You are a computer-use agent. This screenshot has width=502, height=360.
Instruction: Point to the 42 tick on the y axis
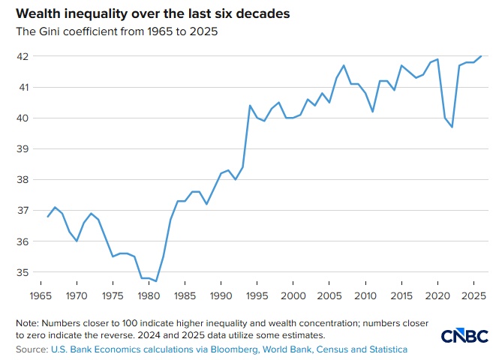point(23,56)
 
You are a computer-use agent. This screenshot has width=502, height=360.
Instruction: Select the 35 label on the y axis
point(23,273)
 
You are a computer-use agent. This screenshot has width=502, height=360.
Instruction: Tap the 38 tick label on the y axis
point(23,180)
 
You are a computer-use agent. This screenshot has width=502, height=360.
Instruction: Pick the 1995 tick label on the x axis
point(257,296)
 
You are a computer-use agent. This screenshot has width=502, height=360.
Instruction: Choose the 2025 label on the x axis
point(473,296)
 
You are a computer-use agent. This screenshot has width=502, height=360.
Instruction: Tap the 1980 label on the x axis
point(149,296)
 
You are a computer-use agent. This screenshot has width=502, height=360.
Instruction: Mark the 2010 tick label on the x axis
point(365,296)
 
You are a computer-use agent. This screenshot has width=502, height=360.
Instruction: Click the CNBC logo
point(464,336)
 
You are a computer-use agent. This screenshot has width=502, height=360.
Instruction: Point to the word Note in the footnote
point(28,322)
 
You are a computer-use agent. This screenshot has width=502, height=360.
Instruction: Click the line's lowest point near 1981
point(156,281)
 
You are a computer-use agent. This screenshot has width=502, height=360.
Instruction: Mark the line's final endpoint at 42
point(481,56)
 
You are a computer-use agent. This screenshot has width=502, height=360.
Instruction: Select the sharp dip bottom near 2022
point(452,127)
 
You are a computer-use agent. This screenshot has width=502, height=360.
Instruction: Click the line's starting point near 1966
point(48,217)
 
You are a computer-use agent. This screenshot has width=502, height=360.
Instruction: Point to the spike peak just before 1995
point(250,106)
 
